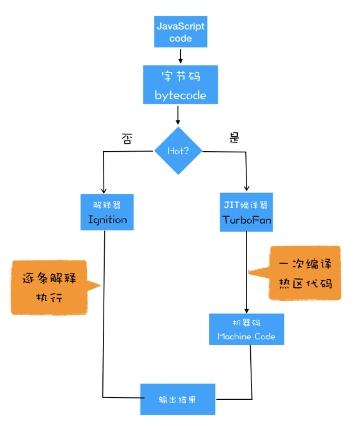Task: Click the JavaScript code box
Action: (x=180, y=32)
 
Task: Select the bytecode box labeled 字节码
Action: (x=180, y=85)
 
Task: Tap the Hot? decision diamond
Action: (x=180, y=151)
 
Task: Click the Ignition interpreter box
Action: (x=107, y=212)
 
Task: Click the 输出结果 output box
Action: (x=177, y=399)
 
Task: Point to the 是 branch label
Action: (x=235, y=139)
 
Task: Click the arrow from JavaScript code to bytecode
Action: (x=180, y=56)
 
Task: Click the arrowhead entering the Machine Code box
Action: (x=247, y=310)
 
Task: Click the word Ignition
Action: (x=107, y=220)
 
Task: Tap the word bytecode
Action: (x=180, y=96)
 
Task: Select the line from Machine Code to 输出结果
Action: (x=251, y=375)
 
